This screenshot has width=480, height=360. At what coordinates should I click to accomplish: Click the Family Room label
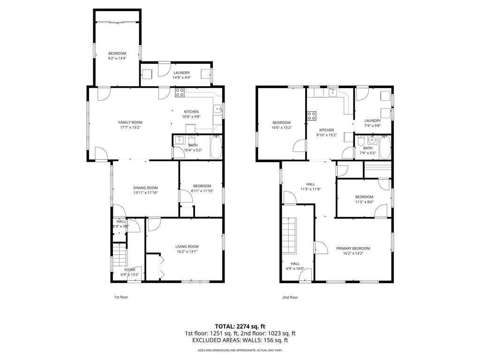click(x=130, y=122)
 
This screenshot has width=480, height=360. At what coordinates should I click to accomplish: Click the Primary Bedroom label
click(x=353, y=248)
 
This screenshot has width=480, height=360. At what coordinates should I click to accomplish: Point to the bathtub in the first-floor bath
click(x=216, y=147)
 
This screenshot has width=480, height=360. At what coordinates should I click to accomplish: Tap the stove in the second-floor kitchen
click(x=311, y=115)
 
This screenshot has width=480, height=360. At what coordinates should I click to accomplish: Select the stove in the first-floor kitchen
click(x=180, y=93)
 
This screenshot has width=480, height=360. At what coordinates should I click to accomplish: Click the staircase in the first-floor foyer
click(x=120, y=256)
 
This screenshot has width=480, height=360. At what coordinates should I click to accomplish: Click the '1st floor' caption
click(x=121, y=297)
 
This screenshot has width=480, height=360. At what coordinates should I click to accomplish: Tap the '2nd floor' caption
click(x=290, y=297)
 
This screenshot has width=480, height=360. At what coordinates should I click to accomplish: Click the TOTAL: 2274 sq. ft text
click(x=240, y=326)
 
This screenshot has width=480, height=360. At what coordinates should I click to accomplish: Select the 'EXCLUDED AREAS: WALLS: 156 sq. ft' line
click(x=240, y=340)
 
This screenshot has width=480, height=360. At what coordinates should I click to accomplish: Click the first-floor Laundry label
click(x=181, y=73)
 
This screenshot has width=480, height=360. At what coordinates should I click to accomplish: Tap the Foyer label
click(x=130, y=270)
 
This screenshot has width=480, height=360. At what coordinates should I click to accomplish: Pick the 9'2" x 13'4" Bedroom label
click(x=117, y=53)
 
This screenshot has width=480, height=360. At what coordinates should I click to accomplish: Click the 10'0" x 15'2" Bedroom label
click(x=282, y=123)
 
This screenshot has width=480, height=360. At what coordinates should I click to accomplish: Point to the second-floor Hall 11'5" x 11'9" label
click(x=310, y=184)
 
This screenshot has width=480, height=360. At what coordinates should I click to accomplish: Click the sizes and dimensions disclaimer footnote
click(x=240, y=350)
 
